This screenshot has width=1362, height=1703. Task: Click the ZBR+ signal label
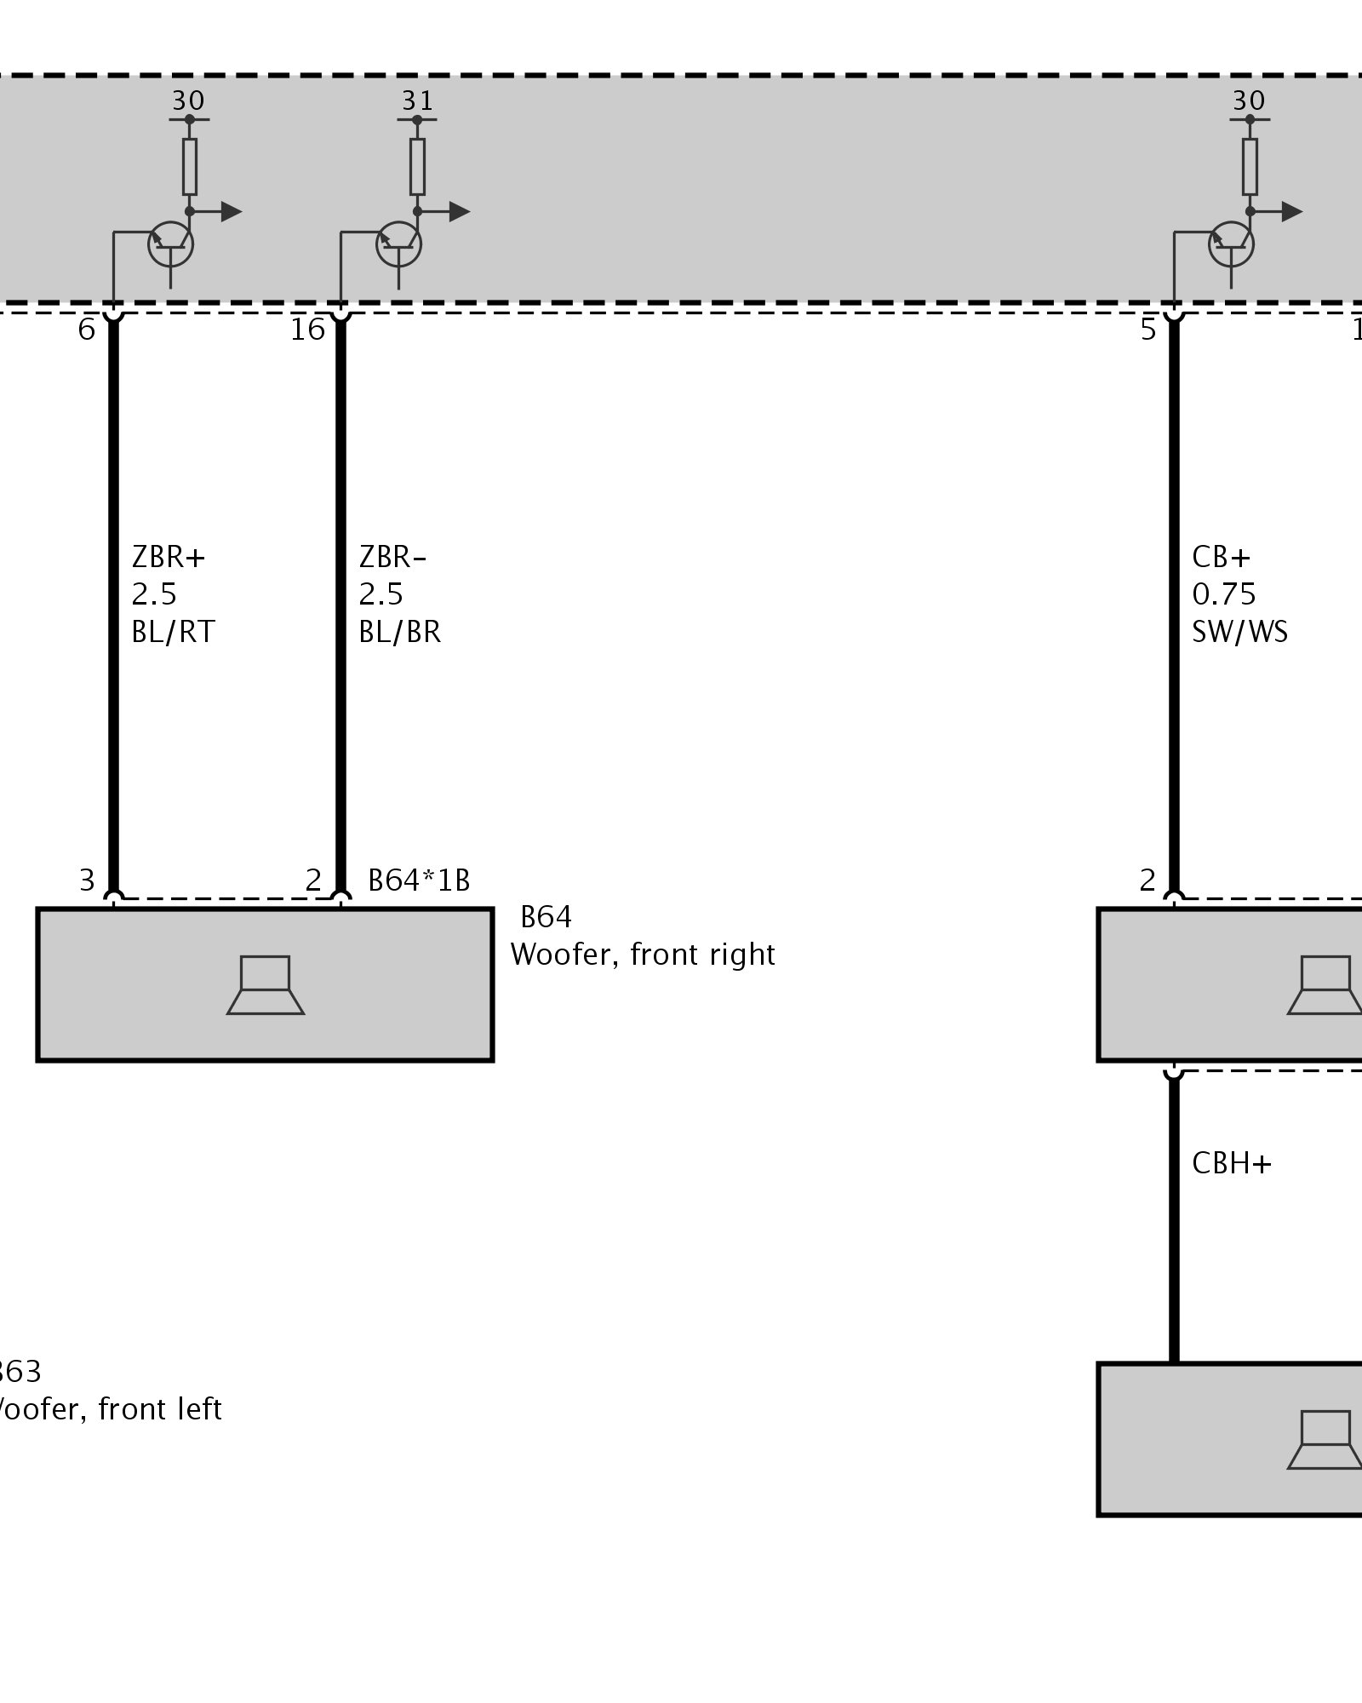(169, 557)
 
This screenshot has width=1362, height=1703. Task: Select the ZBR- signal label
(392, 557)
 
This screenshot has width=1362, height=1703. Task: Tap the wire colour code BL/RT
(173, 632)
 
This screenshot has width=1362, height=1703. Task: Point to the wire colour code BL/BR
(399, 632)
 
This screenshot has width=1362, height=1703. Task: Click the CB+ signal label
(1221, 557)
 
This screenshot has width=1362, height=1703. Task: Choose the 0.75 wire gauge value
(1223, 594)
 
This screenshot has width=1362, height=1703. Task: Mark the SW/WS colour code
(1239, 632)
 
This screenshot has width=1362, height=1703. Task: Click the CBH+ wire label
(1231, 1163)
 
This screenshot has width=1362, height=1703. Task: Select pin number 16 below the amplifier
(307, 330)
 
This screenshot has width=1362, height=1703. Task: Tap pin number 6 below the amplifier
(86, 330)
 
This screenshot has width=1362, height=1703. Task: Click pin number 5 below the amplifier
(1148, 330)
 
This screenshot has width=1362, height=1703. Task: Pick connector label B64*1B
(419, 880)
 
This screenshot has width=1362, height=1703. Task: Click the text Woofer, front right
(643, 955)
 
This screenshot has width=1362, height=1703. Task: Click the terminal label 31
(417, 100)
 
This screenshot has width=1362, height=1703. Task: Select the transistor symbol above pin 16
(398, 245)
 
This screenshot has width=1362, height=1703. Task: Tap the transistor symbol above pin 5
(1231, 245)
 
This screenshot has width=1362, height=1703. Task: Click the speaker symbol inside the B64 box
(266, 985)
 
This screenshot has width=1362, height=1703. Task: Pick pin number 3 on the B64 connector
(87, 880)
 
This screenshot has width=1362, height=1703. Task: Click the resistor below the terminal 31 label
(417, 167)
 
